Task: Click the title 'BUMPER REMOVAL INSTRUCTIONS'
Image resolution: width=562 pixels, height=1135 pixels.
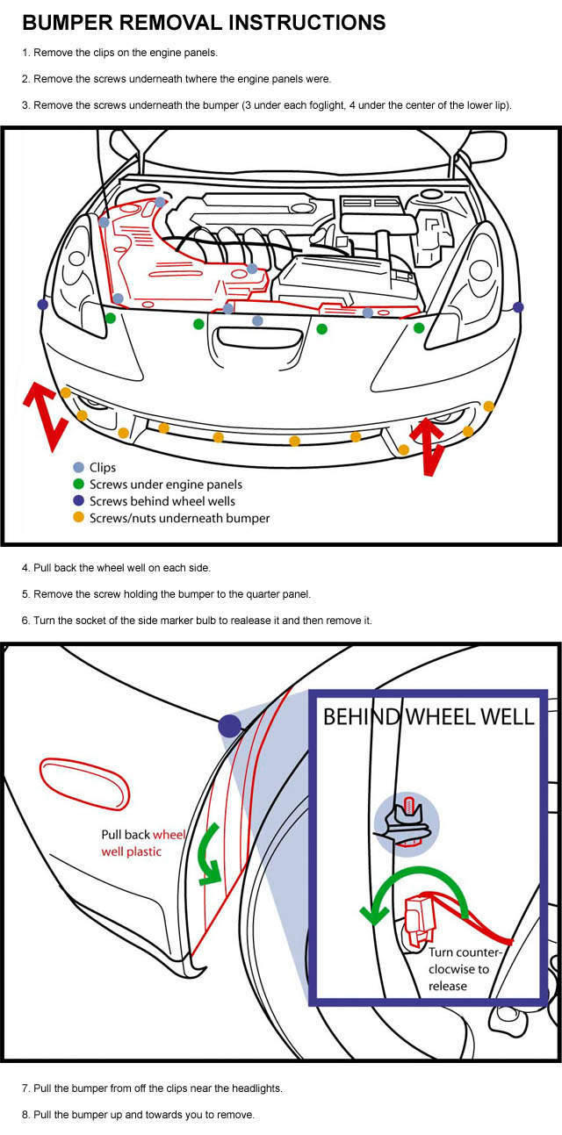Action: pos(203,22)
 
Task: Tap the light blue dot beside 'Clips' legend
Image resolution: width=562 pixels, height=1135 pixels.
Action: pos(78,468)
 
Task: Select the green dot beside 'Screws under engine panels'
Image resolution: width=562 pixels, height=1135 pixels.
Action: pos(78,485)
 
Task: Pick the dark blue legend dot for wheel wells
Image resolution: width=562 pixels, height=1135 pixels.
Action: pos(78,501)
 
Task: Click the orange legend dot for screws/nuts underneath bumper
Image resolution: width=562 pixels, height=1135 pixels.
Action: pos(78,518)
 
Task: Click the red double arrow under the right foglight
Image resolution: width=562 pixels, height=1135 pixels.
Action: pos(428,447)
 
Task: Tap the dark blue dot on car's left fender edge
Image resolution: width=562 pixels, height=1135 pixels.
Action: pos(42,304)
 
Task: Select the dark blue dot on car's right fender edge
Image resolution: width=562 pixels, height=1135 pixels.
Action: pos(519,306)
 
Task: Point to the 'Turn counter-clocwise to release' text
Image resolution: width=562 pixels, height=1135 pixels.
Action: pos(464,968)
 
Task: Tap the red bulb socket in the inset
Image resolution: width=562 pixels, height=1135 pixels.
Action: pos(422,917)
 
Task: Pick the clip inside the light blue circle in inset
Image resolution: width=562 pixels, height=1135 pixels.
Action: pos(406,824)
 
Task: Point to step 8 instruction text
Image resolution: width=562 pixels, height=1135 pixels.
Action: pos(138,1115)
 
